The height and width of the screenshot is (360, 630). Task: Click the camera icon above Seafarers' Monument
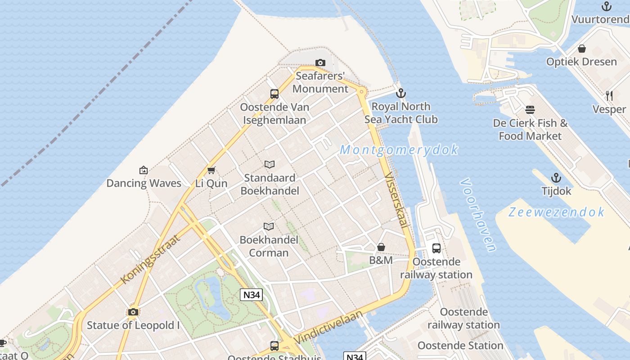[x=320, y=63]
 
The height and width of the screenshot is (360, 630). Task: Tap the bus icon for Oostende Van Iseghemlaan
[x=274, y=94]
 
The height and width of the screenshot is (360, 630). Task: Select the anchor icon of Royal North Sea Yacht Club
[x=400, y=93]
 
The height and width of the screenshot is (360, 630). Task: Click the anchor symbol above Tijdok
[x=556, y=178]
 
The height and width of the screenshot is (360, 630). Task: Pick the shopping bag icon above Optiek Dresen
[x=581, y=49]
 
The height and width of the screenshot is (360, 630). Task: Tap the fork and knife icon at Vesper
[x=609, y=95]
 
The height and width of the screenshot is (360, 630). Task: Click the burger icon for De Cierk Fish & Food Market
[x=530, y=110]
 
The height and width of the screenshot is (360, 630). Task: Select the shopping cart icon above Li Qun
[x=211, y=170]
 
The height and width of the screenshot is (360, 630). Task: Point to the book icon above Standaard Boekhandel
[x=270, y=164]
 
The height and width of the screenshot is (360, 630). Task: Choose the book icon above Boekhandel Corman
[x=269, y=226]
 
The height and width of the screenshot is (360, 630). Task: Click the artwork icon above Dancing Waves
[x=144, y=170]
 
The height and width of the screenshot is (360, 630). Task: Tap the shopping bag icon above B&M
[x=381, y=247]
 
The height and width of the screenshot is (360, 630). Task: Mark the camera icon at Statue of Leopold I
[x=133, y=312]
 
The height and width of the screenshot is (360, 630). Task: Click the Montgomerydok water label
[x=399, y=150]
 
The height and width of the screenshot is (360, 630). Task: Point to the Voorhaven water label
[x=478, y=215]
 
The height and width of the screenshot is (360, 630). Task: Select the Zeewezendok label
[x=556, y=212]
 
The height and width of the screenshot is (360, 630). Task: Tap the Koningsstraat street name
[x=150, y=259]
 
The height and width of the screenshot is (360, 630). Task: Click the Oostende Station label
[x=460, y=346]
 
